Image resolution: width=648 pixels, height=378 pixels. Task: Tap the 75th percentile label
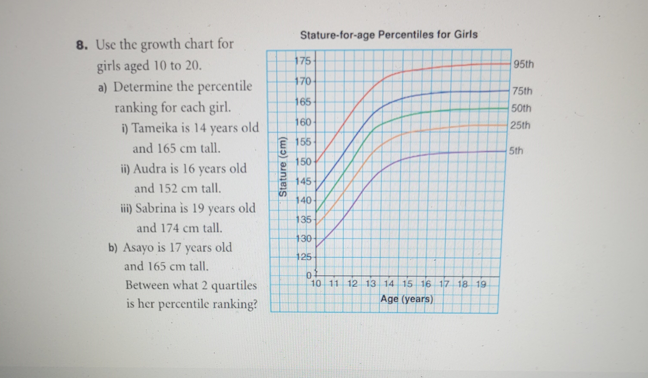(x=522, y=91)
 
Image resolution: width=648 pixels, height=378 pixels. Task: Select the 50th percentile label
(x=521, y=108)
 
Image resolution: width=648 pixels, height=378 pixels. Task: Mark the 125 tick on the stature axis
(x=303, y=257)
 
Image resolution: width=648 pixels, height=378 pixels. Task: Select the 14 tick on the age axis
(x=389, y=284)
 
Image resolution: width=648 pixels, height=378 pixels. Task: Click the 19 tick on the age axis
(x=481, y=284)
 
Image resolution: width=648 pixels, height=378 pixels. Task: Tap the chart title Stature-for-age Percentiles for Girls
(x=389, y=35)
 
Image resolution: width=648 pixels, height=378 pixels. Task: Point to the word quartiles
(x=234, y=286)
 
